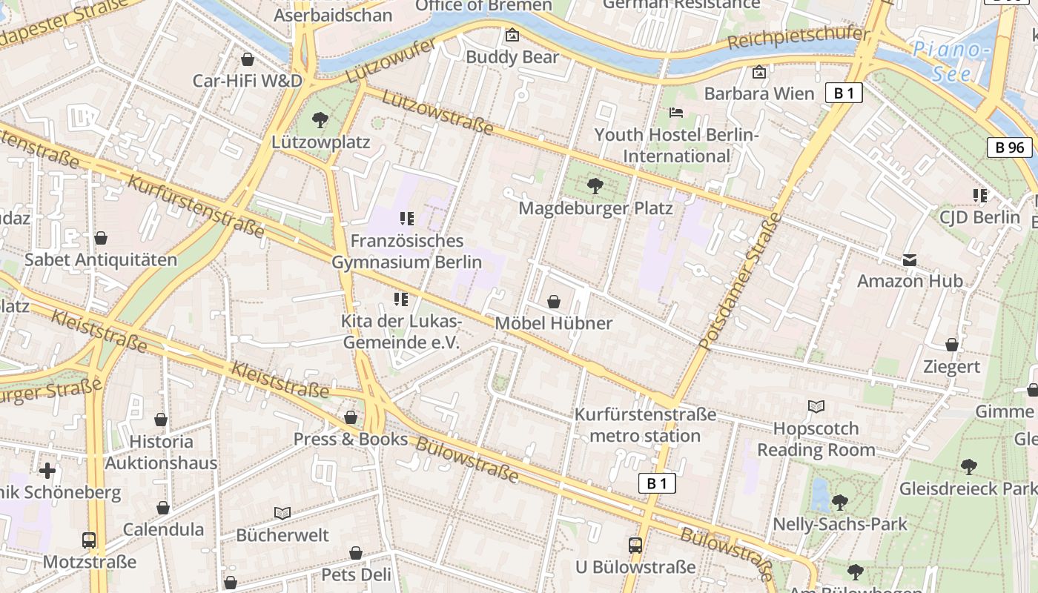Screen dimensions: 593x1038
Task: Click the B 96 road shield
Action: point(1009,148)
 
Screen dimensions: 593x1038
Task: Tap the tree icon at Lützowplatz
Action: point(320,119)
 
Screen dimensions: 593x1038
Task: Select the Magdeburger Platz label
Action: point(595,208)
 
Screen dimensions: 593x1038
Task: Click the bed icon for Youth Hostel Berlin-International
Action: point(676,113)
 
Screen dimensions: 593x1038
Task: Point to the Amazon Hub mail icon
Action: point(910,260)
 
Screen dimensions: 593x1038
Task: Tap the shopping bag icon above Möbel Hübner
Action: point(553,302)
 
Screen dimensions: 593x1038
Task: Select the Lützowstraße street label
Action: point(438,112)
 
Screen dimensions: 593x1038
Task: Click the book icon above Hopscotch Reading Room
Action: point(816,407)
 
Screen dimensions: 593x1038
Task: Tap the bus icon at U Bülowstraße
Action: point(635,546)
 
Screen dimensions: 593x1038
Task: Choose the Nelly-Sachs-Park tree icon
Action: point(839,503)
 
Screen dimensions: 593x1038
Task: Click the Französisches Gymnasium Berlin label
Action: point(406,251)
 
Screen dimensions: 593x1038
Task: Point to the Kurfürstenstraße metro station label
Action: point(645,425)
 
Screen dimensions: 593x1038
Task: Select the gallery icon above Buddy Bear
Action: point(512,35)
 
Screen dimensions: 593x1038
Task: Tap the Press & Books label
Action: point(351,439)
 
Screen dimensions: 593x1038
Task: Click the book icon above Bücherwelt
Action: point(282,513)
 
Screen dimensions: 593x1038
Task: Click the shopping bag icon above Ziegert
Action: point(951,345)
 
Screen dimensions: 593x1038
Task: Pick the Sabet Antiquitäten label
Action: point(101,260)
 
